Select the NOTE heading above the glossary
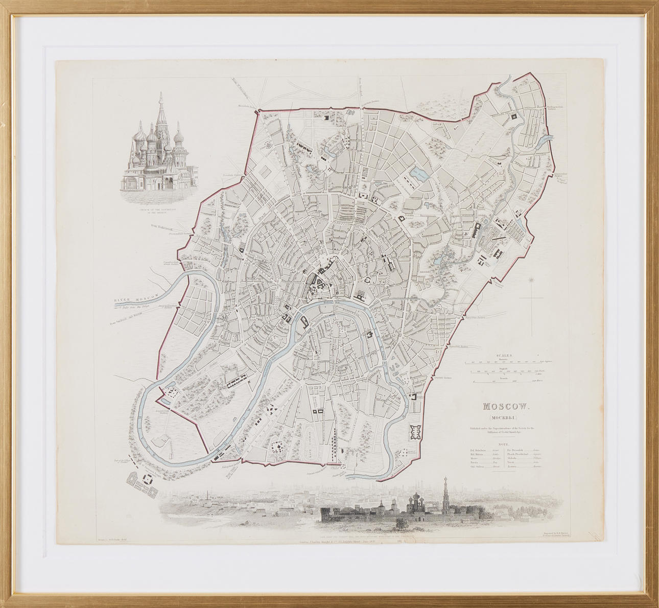click(504, 444)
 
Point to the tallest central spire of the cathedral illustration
click(160, 110)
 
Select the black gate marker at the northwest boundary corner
click(258, 110)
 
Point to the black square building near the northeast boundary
click(512, 116)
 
